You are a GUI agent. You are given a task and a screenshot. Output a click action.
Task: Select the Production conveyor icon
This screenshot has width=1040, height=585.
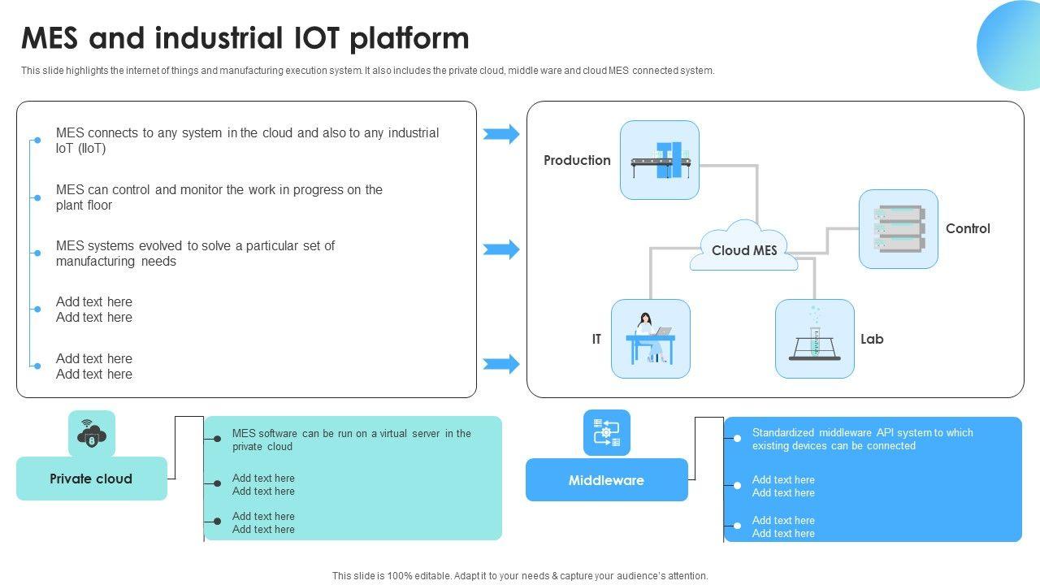[x=660, y=160]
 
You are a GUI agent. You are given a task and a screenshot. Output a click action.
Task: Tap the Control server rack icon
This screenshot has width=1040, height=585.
[x=898, y=229]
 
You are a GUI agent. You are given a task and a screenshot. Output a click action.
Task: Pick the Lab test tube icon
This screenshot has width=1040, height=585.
[x=814, y=339]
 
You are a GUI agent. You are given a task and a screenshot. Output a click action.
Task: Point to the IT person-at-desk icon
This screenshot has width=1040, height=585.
[x=650, y=339]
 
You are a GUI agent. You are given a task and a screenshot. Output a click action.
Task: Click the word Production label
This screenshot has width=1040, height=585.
[x=577, y=160]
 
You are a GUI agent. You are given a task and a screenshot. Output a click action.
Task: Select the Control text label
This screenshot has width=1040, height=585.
[x=968, y=228]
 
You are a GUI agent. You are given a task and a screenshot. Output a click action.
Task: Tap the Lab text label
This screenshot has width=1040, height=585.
[x=872, y=339]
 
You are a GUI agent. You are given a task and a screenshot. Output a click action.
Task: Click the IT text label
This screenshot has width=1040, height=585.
[x=596, y=339]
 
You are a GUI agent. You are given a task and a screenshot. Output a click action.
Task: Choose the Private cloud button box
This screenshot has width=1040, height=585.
[x=91, y=479]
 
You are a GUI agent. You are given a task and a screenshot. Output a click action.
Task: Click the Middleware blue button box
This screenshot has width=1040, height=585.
[x=606, y=480]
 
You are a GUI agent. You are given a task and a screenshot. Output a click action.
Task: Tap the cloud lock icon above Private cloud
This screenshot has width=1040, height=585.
[x=92, y=434]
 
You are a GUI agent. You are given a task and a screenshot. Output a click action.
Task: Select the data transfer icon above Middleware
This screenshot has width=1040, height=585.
[x=607, y=432]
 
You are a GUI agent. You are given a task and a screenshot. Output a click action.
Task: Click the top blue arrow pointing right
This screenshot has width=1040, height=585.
[x=501, y=134]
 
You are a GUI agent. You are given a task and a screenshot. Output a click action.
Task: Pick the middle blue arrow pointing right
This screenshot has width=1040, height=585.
[x=501, y=249]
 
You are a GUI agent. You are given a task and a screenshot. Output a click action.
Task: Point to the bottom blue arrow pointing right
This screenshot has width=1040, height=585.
[x=501, y=364]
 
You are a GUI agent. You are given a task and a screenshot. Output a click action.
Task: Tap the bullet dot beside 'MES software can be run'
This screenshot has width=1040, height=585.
[x=217, y=439]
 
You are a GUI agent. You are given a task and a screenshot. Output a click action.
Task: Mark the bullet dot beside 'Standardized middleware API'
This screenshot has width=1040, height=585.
[x=737, y=439]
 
